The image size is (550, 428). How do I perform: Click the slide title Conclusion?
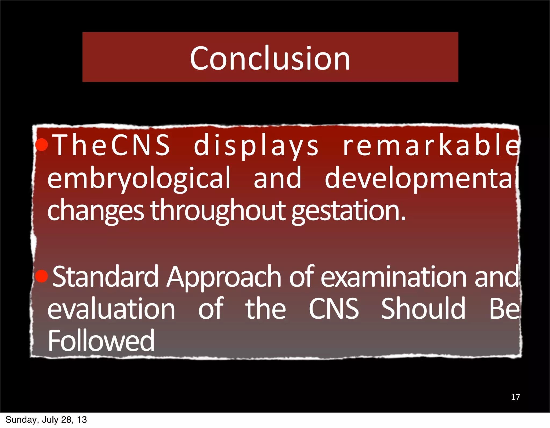pos(270,58)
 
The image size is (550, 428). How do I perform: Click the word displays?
pos(256,146)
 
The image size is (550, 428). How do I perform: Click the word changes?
pos(96,211)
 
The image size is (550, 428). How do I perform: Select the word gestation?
pos(348,211)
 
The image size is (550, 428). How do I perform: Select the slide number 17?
pos(515,397)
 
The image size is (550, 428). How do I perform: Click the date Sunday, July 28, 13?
pos(46,420)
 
